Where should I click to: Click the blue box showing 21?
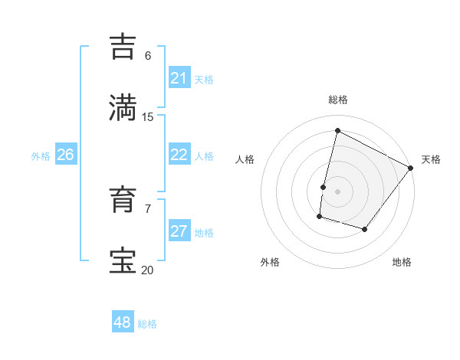tap(179, 78)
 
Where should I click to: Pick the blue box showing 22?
tap(179, 155)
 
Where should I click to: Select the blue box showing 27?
tap(179, 231)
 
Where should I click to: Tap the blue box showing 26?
tap(66, 155)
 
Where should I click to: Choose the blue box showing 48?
tap(123, 322)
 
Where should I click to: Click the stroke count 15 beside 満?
tap(148, 116)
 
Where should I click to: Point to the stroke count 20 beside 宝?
tap(148, 270)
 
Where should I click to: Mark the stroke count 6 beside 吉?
tap(148, 56)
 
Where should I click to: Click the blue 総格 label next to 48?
tap(147, 324)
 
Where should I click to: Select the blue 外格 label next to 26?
tap(41, 156)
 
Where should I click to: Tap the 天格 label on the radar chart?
tap(431, 159)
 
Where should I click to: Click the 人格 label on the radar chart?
tap(245, 159)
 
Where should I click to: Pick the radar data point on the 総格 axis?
tap(337, 130)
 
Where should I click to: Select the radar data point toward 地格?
tap(365, 229)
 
